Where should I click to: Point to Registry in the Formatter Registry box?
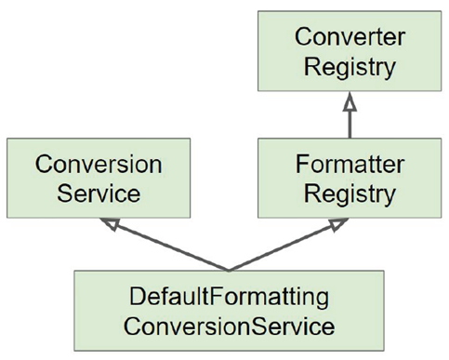coord(346,194)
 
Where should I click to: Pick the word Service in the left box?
coord(99,194)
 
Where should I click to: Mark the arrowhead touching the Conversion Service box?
coord(113,225)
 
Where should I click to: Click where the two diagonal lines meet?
coord(228,269)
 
